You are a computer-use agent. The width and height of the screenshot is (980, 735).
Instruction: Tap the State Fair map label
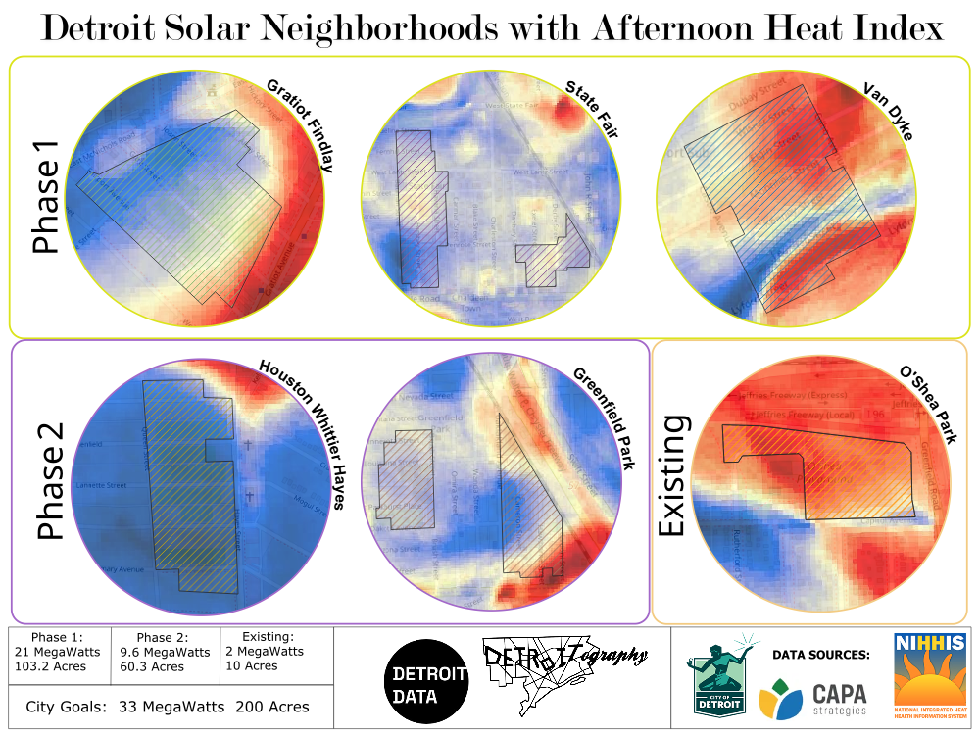pyautogui.click(x=591, y=111)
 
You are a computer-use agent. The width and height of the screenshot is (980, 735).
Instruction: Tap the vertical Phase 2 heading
pyautogui.click(x=49, y=481)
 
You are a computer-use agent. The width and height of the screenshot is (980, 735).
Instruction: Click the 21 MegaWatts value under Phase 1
pyautogui.click(x=58, y=652)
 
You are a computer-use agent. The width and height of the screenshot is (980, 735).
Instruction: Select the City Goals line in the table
pyautogui.click(x=168, y=706)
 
